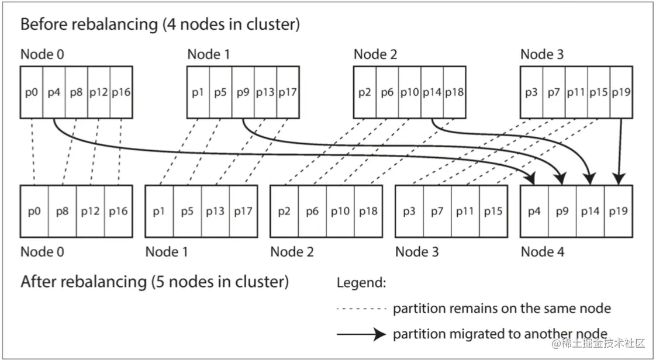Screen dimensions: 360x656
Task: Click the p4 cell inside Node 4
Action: point(534,211)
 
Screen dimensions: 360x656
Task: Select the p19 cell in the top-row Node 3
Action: point(621,92)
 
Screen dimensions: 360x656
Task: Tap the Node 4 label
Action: point(544,252)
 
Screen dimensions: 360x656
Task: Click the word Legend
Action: point(361,283)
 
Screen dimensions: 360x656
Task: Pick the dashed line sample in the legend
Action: point(361,309)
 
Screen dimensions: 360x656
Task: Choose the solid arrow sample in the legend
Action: point(361,334)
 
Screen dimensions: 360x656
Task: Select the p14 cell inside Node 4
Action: point(591,211)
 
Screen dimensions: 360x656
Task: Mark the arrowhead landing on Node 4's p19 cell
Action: point(619,178)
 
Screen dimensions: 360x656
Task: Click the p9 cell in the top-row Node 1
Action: point(243,92)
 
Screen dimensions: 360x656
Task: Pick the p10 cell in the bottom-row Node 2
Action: point(340,211)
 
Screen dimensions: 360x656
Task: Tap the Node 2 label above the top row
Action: point(375,55)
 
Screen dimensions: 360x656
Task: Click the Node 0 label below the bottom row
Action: point(42,252)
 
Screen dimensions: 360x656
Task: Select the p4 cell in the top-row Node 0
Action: point(54,92)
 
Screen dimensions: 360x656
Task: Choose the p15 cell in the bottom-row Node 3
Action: point(493,211)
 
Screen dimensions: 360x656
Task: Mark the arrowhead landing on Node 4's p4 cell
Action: point(532,178)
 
